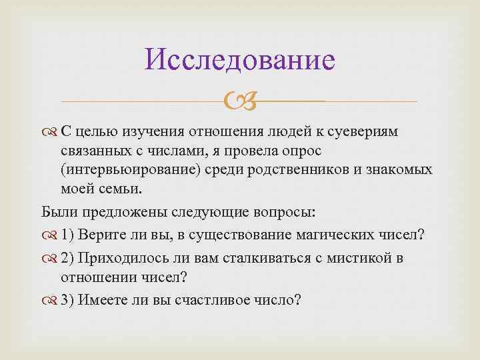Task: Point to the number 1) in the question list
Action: (68, 235)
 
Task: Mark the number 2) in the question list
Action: (68, 258)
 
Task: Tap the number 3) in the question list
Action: (68, 299)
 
